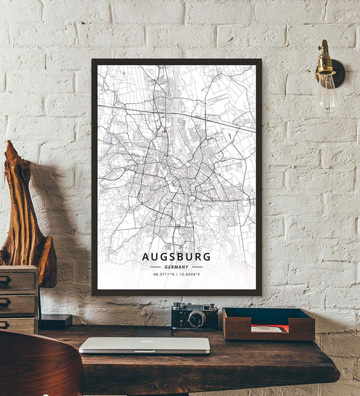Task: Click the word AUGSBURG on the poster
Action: point(176,257)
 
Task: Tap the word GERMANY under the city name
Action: point(176,267)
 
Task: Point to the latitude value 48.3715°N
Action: point(163,274)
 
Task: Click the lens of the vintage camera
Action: point(197,319)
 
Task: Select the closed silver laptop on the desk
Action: point(145,345)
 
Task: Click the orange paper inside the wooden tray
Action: point(269,328)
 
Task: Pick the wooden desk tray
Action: point(268,324)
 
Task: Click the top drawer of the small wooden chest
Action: point(17,280)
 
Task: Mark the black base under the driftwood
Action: point(54,322)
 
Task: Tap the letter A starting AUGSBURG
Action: point(146,257)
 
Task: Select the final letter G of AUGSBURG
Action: point(207,257)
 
